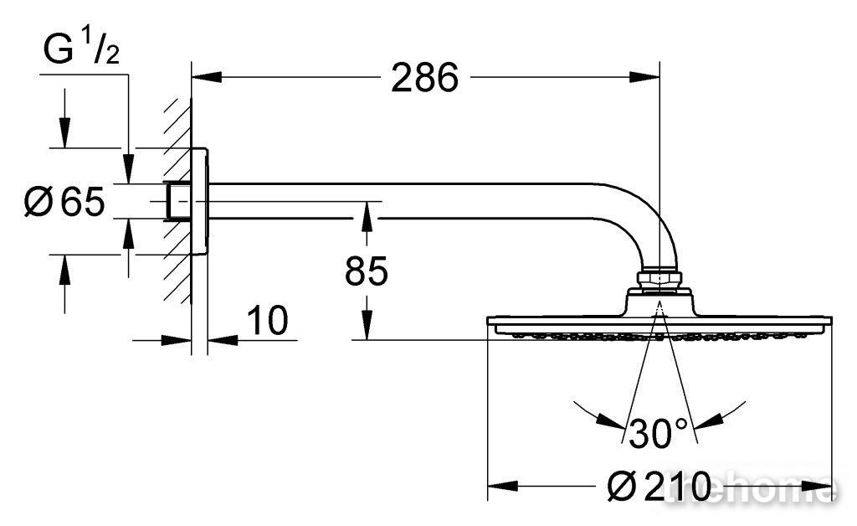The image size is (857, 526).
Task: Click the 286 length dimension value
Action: point(424,78)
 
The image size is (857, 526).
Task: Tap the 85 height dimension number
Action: point(367,271)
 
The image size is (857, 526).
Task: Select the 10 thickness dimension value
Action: point(268,321)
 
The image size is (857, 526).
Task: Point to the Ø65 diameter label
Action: point(64,201)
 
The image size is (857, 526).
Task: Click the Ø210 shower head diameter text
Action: point(659,486)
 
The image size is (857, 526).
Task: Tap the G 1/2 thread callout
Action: point(81,47)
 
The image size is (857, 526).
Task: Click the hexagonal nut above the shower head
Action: point(659,278)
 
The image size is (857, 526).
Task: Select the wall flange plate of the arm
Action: point(199,201)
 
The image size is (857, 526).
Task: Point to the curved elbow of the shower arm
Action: point(645,219)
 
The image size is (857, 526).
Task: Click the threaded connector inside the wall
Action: point(177,201)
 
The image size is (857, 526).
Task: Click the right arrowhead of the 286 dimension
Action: point(645,77)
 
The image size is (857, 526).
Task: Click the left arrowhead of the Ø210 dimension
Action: point(502,486)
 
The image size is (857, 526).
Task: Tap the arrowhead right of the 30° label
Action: point(708,421)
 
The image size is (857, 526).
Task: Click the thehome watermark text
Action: point(752,486)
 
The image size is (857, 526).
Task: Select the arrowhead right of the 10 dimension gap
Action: point(223,340)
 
